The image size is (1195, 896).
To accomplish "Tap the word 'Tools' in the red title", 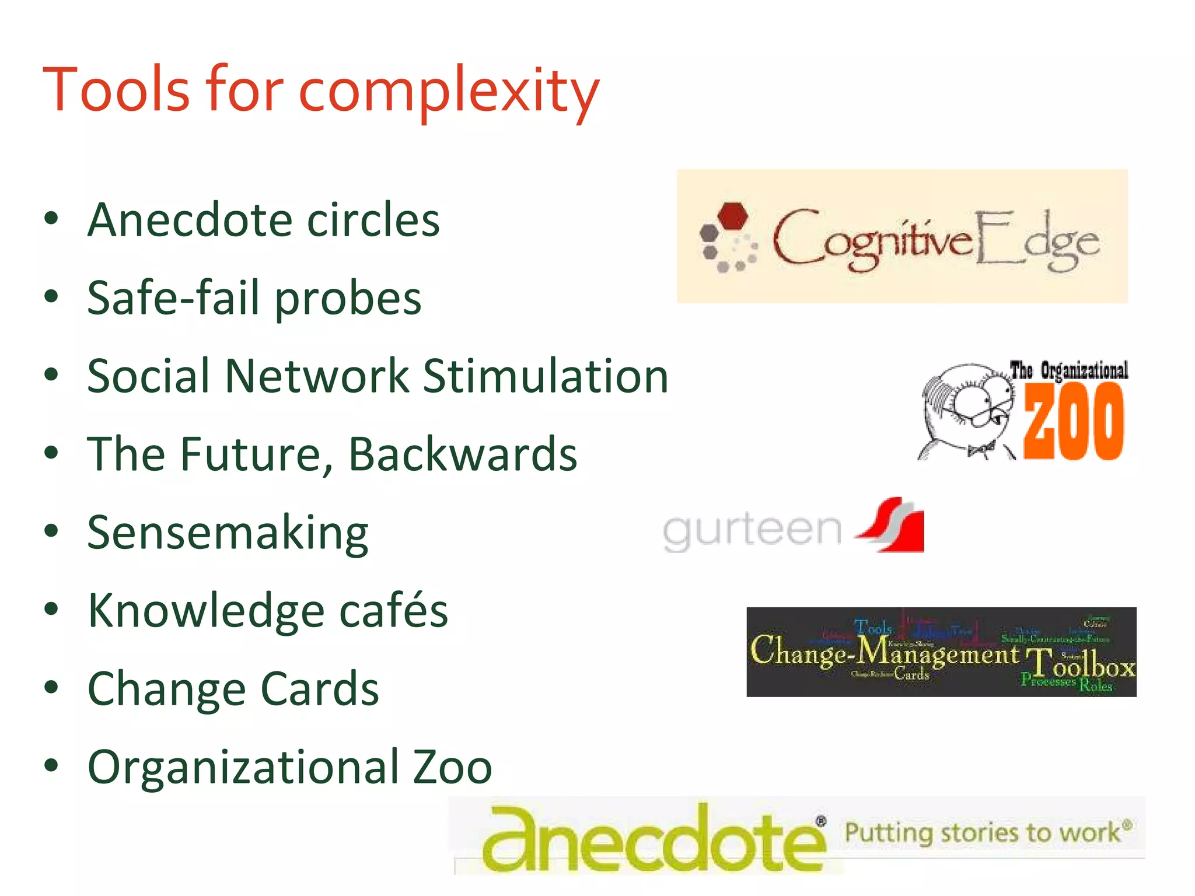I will pyautogui.click(x=117, y=90).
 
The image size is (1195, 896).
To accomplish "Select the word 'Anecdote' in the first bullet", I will pyautogui.click(x=190, y=220).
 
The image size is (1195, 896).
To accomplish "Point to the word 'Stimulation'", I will pyautogui.click(x=546, y=376).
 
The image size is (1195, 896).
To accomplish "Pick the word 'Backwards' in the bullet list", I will pyautogui.click(x=463, y=454).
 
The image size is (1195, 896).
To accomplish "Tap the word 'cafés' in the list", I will pyautogui.click(x=393, y=611).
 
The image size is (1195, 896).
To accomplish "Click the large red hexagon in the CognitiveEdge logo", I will pyautogui.click(x=733, y=216).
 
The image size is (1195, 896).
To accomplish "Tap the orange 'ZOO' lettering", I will pyautogui.click(x=1074, y=421).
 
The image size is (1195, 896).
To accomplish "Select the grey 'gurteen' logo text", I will pyautogui.click(x=752, y=531).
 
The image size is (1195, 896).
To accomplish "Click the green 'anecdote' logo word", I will pyautogui.click(x=654, y=840).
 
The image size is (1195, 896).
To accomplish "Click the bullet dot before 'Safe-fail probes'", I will pyautogui.click(x=51, y=297).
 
